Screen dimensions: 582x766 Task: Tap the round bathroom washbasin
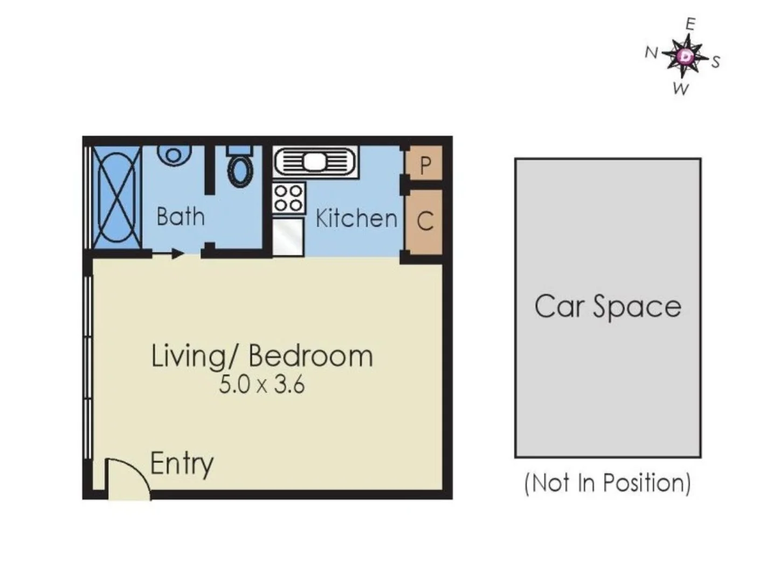[173, 155]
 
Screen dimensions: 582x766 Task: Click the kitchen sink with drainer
[315, 162]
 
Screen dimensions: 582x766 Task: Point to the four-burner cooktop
[288, 198]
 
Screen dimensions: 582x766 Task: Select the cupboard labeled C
[425, 221]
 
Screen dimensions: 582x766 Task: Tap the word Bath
[180, 217]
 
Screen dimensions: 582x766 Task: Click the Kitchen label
[356, 219]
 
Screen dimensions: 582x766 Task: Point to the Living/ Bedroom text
[261, 356]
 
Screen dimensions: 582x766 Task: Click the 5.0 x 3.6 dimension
[261, 385]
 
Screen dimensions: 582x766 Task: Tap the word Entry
[182, 463]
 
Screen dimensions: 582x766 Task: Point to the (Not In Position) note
[608, 483]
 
